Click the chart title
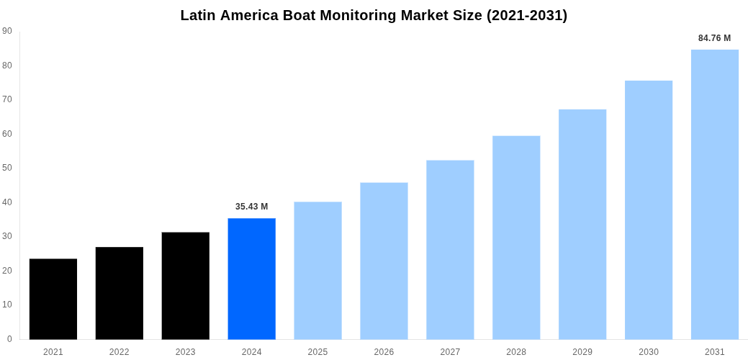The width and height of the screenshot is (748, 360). click(374, 15)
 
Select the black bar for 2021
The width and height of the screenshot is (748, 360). click(53, 299)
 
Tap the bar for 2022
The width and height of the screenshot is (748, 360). click(120, 293)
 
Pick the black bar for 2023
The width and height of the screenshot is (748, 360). click(186, 286)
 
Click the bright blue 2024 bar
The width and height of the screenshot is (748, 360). click(251, 279)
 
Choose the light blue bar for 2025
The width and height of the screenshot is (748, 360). click(317, 271)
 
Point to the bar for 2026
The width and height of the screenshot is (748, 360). click(384, 261)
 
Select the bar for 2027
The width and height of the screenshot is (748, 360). click(450, 250)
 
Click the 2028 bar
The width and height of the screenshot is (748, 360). click(516, 238)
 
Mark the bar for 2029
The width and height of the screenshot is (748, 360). click(582, 224)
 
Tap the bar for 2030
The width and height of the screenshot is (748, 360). click(649, 210)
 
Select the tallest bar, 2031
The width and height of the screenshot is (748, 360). click(715, 194)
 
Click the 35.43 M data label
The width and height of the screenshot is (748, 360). click(251, 207)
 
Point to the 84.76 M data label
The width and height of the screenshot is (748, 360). click(714, 38)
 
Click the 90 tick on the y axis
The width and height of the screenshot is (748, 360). click(7, 31)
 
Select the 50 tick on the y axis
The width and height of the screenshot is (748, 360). click(7, 168)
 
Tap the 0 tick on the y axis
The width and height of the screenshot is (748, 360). click(9, 339)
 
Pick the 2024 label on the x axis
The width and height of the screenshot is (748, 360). click(251, 352)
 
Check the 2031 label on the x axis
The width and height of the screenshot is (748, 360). click(715, 352)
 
